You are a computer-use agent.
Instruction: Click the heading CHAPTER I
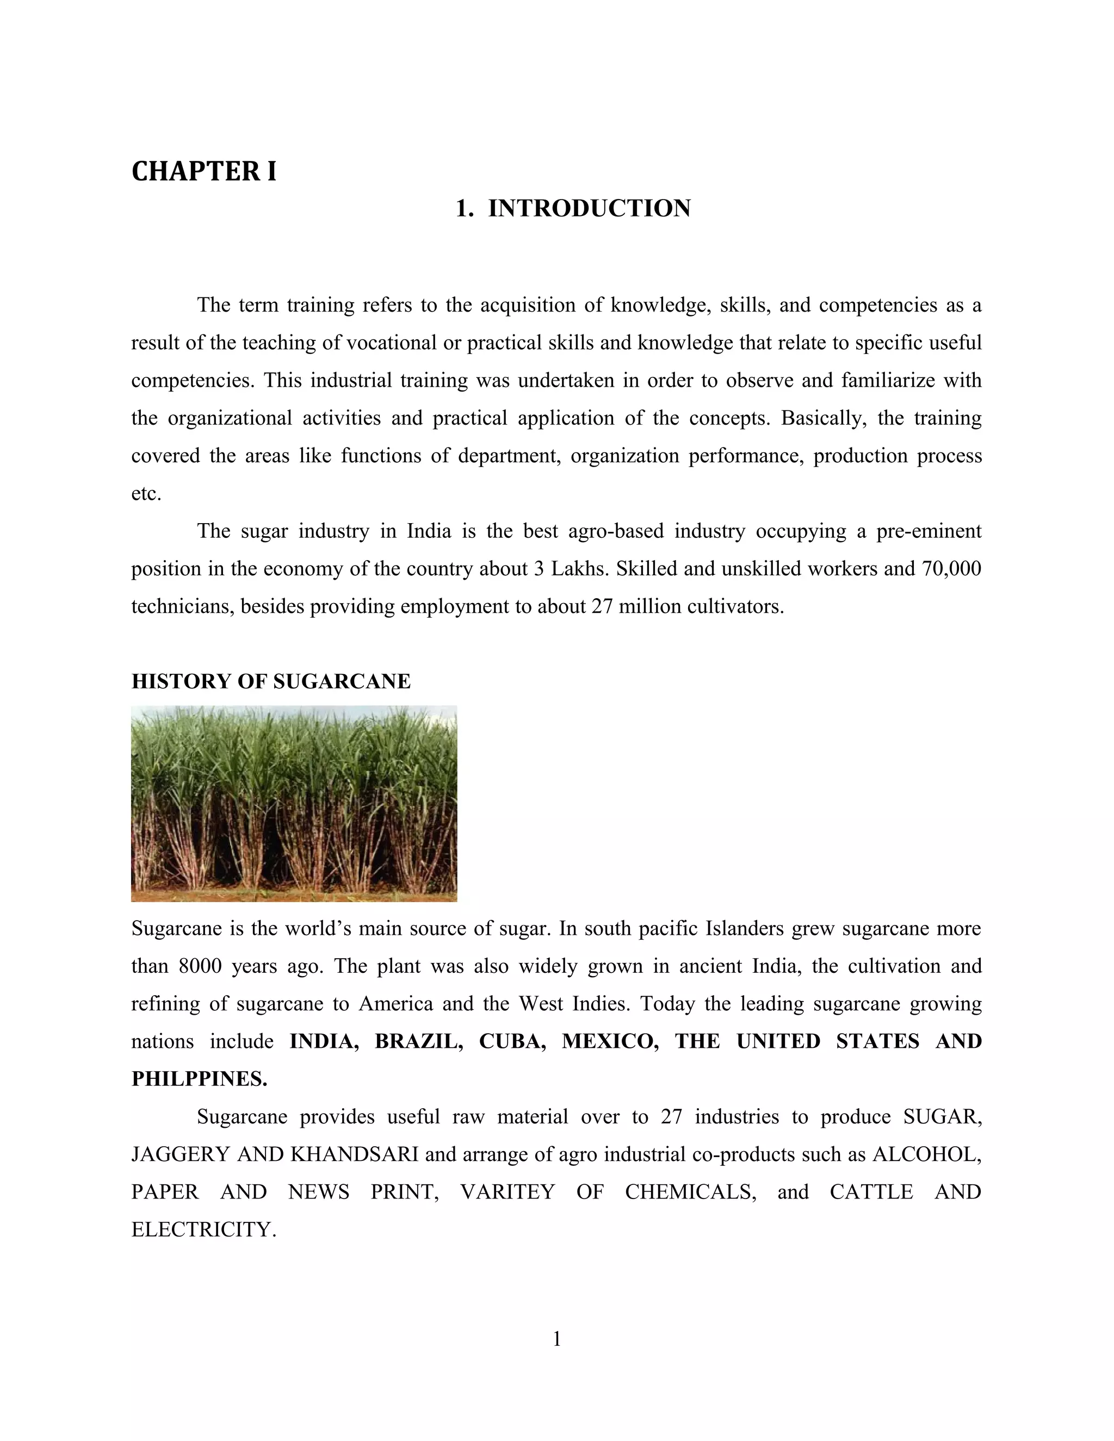pyautogui.click(x=204, y=172)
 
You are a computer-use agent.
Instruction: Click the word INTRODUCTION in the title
pyautogui.click(x=589, y=208)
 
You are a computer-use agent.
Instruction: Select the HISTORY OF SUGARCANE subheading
pyautogui.click(x=270, y=681)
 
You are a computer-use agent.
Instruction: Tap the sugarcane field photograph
pyautogui.click(x=294, y=803)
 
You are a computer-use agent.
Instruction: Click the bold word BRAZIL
pyautogui.click(x=418, y=1042)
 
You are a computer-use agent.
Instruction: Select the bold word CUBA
pyautogui.click(x=512, y=1042)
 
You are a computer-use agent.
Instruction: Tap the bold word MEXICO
pyautogui.click(x=610, y=1042)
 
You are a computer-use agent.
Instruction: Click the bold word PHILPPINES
pyautogui.click(x=199, y=1079)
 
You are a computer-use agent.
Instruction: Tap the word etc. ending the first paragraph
pyautogui.click(x=146, y=494)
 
